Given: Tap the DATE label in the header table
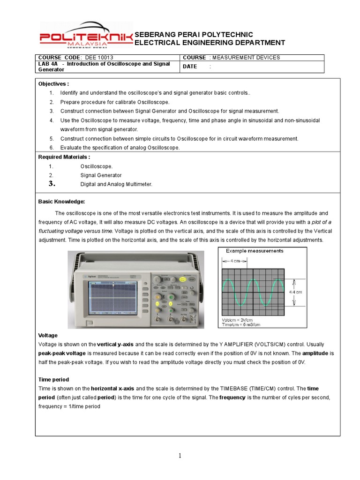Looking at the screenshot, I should pyautogui.click(x=190, y=67).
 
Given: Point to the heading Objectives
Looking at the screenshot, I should pyautogui.click(x=53, y=84).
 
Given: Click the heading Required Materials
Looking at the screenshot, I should pyautogui.click(x=64, y=157).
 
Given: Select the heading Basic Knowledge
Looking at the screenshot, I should pyautogui.click(x=61, y=202).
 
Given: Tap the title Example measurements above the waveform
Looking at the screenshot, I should pyautogui.click(x=255, y=251).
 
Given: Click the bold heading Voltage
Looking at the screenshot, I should pyautogui.click(x=48, y=336).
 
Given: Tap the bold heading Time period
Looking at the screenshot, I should pyautogui.click(x=53, y=380).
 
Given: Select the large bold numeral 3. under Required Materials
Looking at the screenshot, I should pyautogui.click(x=52, y=184).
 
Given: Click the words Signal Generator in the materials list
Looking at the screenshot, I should pyautogui.click(x=101, y=175).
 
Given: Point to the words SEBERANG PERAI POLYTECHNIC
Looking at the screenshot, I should pyautogui.click(x=194, y=35).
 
